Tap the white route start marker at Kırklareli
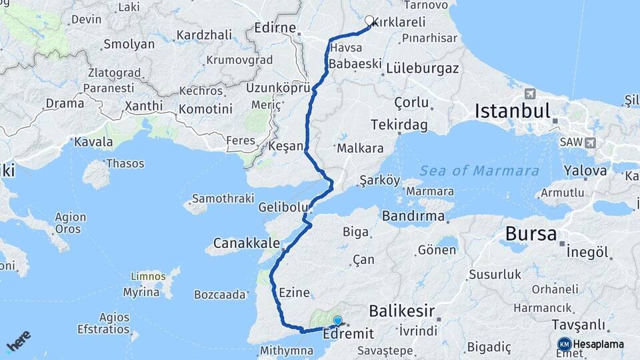coord(369,20)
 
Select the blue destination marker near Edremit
coord(337,321)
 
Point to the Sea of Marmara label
coord(479,171)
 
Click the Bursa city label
coord(531,234)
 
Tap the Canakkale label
coord(246,242)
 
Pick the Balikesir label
coord(402,311)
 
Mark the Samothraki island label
coord(223,199)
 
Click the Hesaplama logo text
coord(598,344)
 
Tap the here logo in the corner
coord(18,341)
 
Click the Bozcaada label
coord(220,294)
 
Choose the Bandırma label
coord(413,216)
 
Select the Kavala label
coord(93,141)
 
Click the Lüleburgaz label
coord(422,68)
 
